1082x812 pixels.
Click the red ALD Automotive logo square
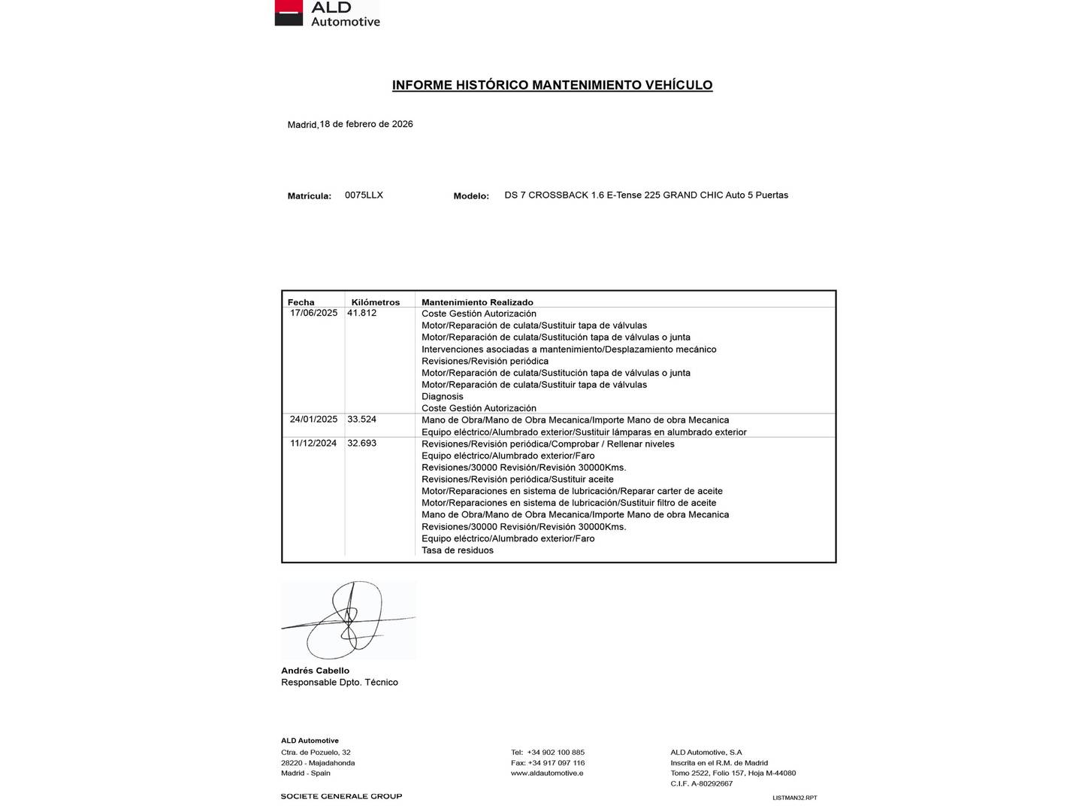pos(289,12)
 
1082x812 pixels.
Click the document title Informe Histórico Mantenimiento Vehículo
pos(552,85)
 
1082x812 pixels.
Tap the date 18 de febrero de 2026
pos(366,124)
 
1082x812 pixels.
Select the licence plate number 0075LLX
pos(364,195)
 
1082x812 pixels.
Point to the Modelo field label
pos(471,195)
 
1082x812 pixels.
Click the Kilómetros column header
pos(376,302)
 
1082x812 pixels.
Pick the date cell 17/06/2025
pos(314,313)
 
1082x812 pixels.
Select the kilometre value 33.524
pos(361,420)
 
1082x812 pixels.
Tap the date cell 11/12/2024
pos(313,444)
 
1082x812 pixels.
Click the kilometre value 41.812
pos(361,313)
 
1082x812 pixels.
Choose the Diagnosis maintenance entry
pos(443,396)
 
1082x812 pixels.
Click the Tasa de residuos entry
pos(458,550)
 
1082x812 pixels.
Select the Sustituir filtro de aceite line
pos(569,503)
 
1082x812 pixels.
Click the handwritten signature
pos(348,620)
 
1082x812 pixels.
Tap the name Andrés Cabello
pos(315,671)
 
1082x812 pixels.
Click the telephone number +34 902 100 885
pos(555,752)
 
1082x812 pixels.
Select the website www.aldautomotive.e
pos(547,773)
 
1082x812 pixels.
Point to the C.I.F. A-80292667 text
pos(701,783)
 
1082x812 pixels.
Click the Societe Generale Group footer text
pos(341,796)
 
